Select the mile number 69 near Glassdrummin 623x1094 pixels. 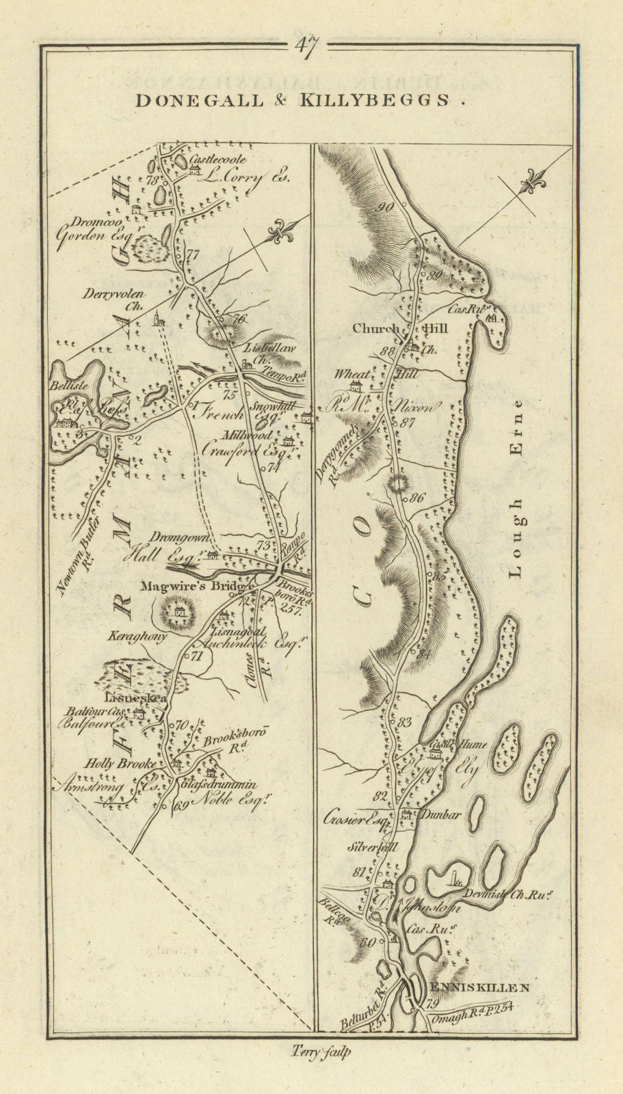coord(181,805)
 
